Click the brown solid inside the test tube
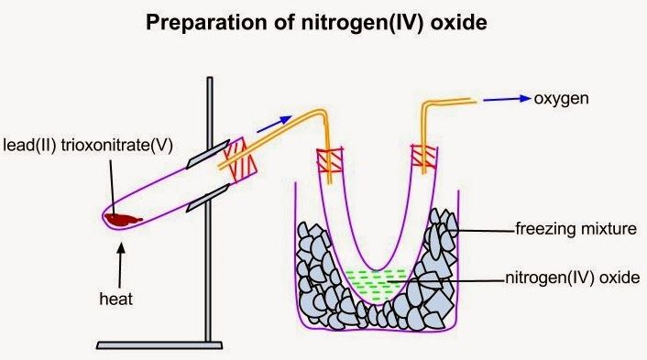(x=123, y=218)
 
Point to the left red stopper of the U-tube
(x=329, y=161)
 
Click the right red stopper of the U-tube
(x=424, y=158)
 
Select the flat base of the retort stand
(x=159, y=344)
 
